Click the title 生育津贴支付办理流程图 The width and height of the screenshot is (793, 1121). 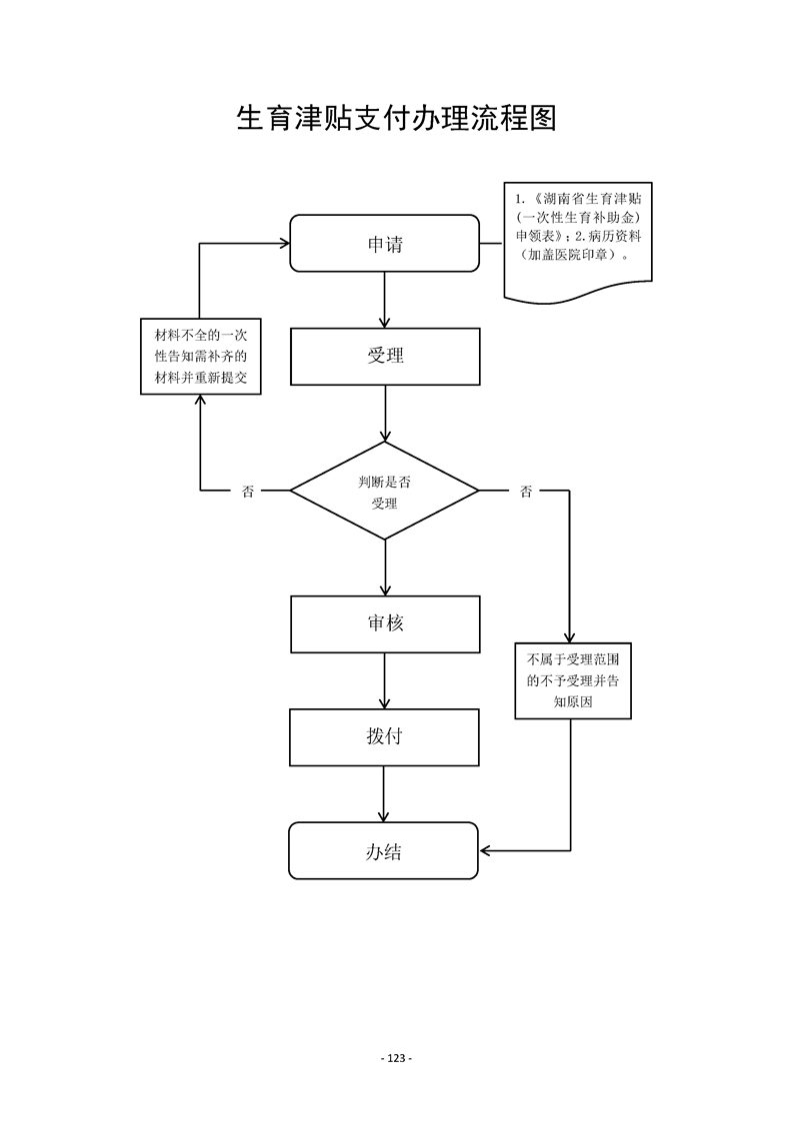396,119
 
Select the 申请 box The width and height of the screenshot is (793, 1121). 384,243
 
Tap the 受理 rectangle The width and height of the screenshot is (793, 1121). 385,356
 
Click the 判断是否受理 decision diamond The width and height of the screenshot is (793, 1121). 385,492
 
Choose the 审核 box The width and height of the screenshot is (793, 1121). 385,623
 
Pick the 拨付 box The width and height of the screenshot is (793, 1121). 385,737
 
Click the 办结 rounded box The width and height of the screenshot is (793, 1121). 384,851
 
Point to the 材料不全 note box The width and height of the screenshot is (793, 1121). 200,357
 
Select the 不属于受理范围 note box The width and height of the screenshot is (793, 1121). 574,680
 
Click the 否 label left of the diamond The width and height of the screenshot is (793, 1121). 247,492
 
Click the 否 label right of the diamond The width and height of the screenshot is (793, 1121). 526,492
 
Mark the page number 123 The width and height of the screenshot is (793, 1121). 396,1058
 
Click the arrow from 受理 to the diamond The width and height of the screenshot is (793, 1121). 385,413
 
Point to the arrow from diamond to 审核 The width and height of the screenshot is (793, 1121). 385,568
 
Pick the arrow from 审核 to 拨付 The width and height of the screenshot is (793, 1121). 385,681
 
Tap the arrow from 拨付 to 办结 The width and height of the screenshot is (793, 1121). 385,794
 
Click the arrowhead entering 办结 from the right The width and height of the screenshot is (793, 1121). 487,851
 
